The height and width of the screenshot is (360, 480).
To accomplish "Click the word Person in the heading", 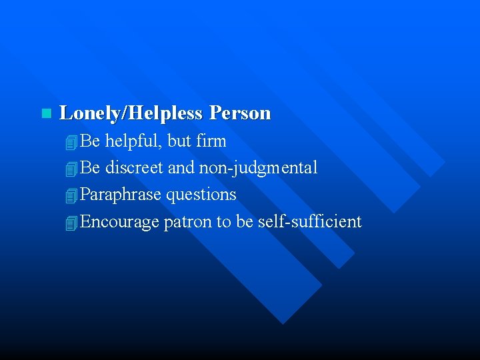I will tap(240, 113).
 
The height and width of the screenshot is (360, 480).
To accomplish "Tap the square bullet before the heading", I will tap(45, 113).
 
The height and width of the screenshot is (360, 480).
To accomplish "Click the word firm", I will tap(212, 141).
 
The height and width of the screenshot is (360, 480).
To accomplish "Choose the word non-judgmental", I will tap(258, 167).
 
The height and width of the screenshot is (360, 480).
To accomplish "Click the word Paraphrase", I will tap(121, 195).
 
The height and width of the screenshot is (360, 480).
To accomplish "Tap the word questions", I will tap(201, 195).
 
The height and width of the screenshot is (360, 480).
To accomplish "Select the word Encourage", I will tap(119, 221).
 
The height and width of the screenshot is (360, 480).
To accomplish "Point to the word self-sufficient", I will tap(310, 221).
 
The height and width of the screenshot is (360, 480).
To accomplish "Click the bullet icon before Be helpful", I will tap(72, 142).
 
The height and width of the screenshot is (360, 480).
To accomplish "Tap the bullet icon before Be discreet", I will tap(72, 169).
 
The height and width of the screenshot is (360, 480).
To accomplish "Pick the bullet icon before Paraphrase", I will tap(72, 196).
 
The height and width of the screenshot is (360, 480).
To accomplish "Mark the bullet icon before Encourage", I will tap(72, 223).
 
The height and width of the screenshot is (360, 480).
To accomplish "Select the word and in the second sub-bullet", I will tap(180, 167).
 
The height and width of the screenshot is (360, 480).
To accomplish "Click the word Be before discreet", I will tap(90, 167).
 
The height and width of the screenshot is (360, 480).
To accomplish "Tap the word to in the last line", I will tap(223, 221).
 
